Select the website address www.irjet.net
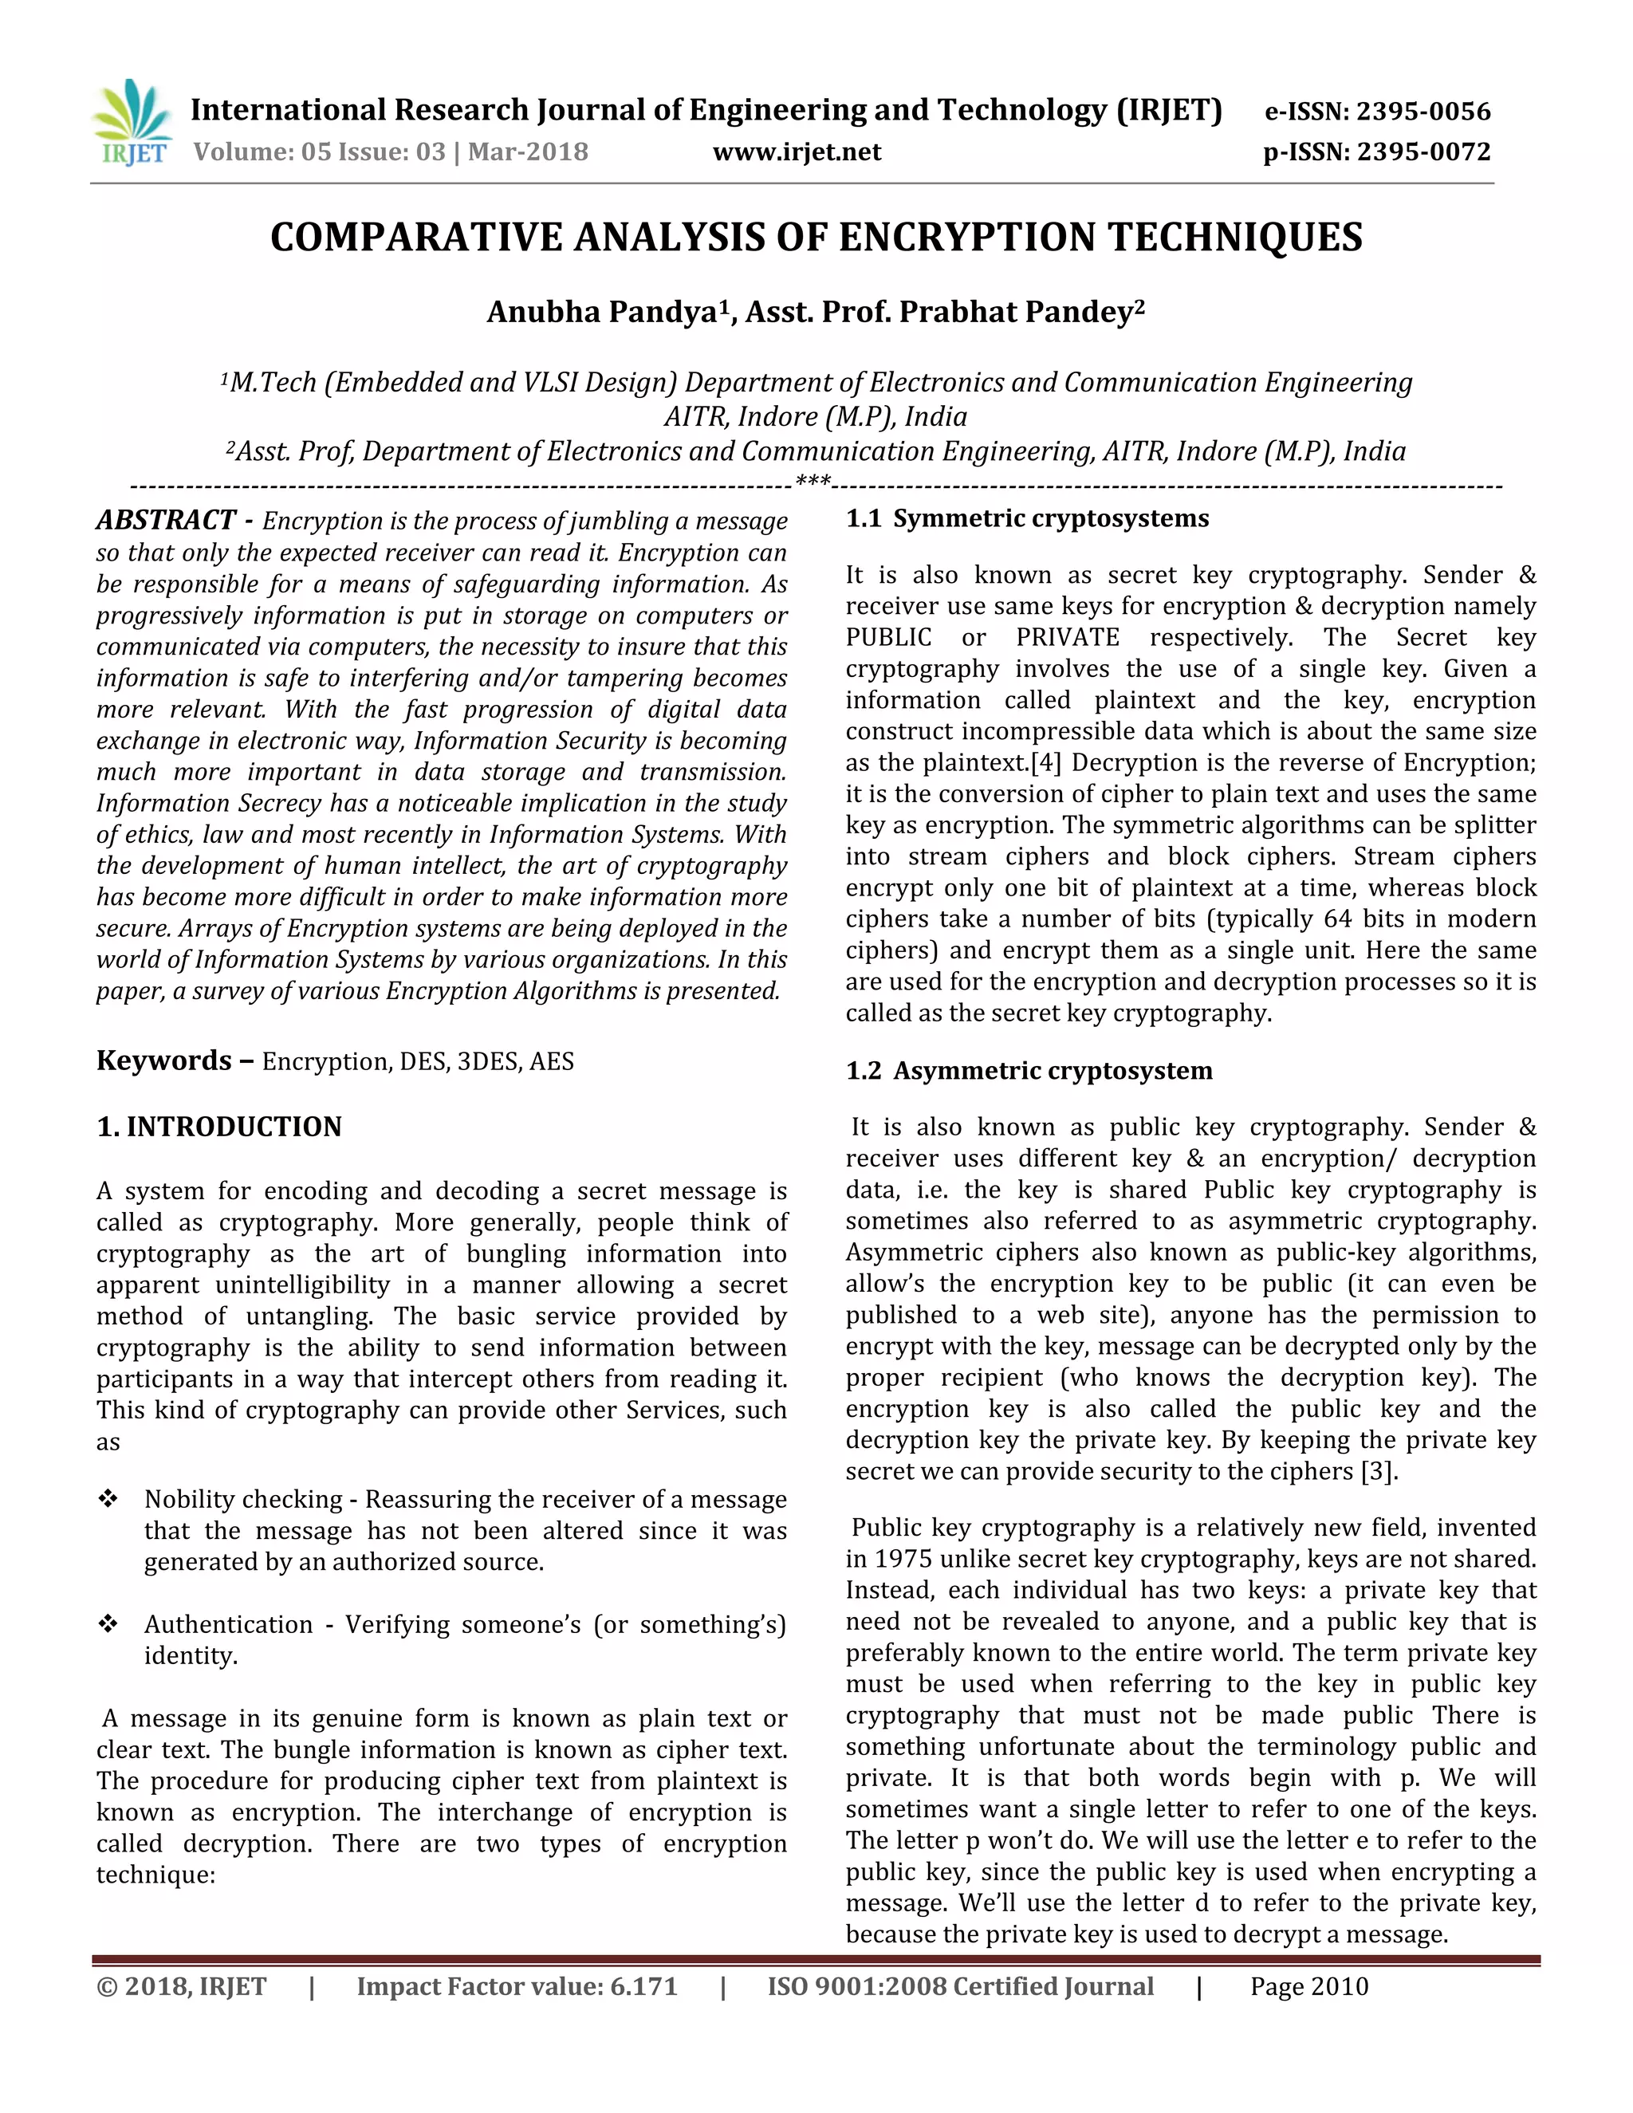797,151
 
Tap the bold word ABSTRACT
165,521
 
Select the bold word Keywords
163,1060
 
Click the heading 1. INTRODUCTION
219,1127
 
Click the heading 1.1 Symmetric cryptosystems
1027,518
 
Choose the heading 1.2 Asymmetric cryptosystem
1029,1071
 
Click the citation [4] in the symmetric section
1046,763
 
